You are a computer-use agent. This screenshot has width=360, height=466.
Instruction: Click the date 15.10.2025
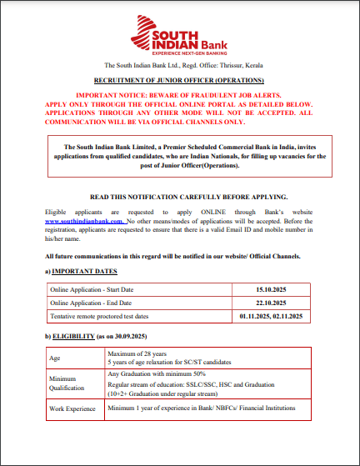click(271, 289)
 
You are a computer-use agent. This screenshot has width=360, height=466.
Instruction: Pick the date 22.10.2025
click(271, 303)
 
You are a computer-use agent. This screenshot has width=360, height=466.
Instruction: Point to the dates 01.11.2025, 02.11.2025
click(271, 317)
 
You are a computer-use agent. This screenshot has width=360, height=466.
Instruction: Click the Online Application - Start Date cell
click(92, 289)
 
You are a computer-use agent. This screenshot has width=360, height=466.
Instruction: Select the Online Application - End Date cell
click(91, 303)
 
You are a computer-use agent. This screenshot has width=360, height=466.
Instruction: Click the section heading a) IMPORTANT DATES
click(81, 272)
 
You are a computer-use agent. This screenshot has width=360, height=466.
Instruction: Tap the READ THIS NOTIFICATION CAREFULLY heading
click(182, 196)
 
